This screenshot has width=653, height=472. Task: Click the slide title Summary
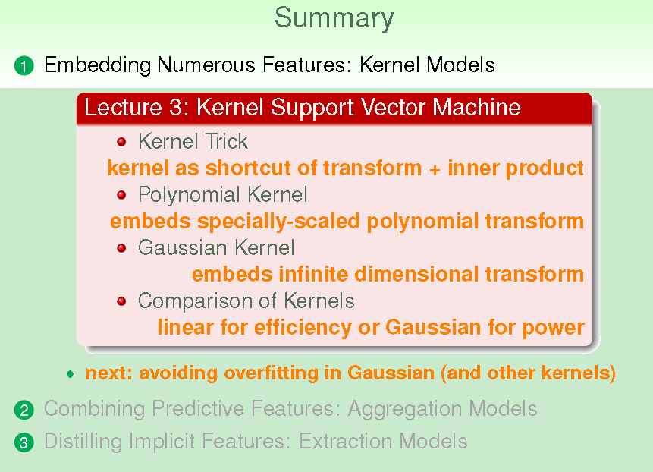tap(334, 19)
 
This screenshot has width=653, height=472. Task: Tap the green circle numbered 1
tap(24, 66)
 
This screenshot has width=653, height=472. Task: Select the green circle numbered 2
tap(24, 410)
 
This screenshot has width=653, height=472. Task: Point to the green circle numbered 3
tap(24, 442)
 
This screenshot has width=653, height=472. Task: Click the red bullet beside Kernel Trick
tap(121, 142)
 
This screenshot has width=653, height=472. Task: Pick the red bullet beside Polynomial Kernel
tap(121, 195)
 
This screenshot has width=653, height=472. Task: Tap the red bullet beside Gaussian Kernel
tap(121, 248)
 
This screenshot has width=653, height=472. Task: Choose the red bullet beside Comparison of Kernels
tap(121, 301)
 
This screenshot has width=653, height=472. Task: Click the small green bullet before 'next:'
tap(71, 374)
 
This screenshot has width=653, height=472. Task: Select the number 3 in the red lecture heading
tap(175, 108)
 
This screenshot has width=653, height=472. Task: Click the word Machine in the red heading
tap(476, 107)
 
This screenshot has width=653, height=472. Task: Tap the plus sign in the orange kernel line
tap(435, 169)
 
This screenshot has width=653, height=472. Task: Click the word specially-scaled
tap(278, 222)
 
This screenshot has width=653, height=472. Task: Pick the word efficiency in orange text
tap(303, 328)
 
